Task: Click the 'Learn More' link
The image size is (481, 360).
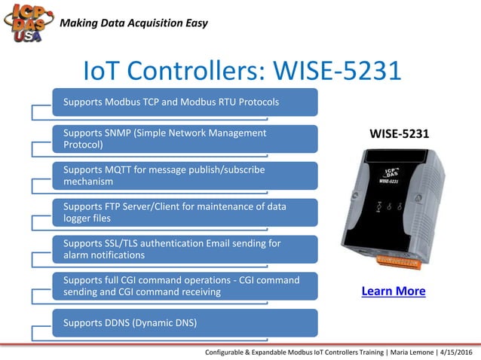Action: (394, 291)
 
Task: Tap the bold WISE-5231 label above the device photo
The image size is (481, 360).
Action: (399, 134)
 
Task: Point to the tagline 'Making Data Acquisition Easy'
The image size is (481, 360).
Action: (133, 23)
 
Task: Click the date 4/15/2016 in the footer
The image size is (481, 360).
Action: (452, 352)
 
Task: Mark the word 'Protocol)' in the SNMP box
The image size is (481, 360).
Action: (83, 145)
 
